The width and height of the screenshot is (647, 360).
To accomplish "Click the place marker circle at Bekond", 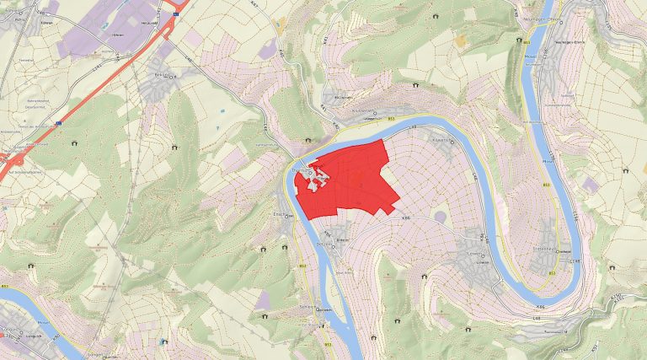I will coord(174,75).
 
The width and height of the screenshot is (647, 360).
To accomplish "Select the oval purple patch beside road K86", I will coord(440,218).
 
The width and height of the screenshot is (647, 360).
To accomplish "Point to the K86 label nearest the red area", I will coord(406,217).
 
